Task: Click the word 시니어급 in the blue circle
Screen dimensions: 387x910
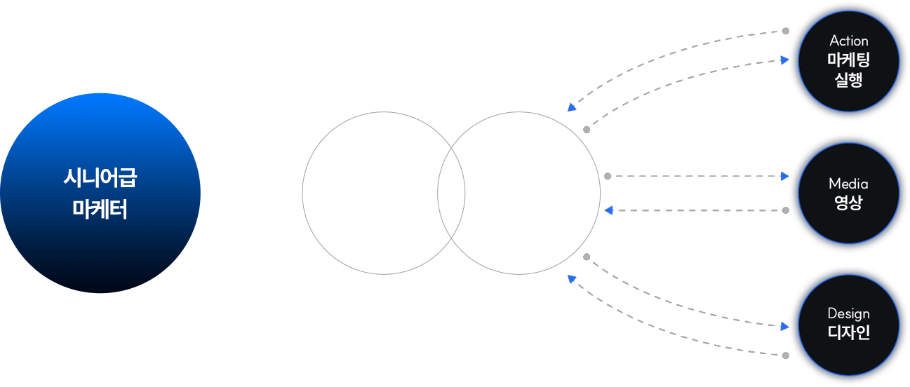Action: (x=100, y=178)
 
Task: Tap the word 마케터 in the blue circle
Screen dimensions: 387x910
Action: (x=100, y=209)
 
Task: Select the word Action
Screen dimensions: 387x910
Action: (x=848, y=41)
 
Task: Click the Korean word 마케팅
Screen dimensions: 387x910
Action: (x=848, y=60)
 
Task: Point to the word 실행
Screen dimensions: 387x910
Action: (x=848, y=79)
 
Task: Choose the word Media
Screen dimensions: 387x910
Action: (x=848, y=184)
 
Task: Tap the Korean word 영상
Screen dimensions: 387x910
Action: (x=848, y=203)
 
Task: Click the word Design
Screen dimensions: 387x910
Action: (x=848, y=313)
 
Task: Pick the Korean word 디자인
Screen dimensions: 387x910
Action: (x=848, y=332)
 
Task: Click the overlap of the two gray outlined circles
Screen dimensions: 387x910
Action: (x=451, y=193)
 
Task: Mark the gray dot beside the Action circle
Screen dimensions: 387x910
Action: (x=785, y=31)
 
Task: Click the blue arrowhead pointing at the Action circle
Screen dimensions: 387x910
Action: (x=784, y=60)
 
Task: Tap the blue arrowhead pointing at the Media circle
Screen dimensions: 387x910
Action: (x=784, y=177)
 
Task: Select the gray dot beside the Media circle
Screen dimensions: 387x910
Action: (x=785, y=210)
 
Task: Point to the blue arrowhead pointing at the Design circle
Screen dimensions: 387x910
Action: (x=784, y=326)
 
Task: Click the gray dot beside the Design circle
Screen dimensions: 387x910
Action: (x=785, y=355)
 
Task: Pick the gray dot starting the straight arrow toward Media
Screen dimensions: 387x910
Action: (x=608, y=177)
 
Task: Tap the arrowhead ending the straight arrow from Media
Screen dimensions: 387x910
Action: (x=608, y=210)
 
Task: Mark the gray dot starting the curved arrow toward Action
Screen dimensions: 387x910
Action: (x=587, y=130)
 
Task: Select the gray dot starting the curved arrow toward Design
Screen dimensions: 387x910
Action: (x=587, y=257)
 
